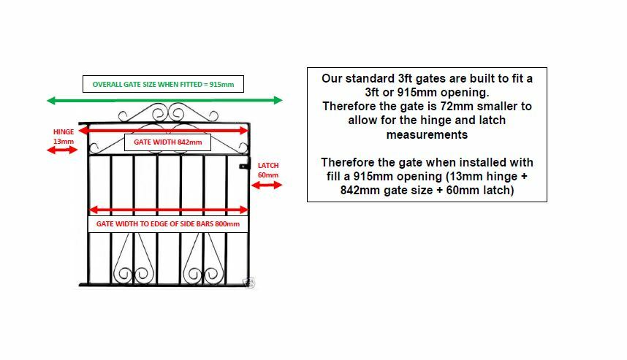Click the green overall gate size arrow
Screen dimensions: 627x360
(x=164, y=100)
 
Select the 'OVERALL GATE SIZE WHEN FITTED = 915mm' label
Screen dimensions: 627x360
(x=163, y=85)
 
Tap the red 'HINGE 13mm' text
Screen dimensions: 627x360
(x=64, y=136)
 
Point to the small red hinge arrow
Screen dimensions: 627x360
(x=62, y=150)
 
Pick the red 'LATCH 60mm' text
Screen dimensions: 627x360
(x=268, y=170)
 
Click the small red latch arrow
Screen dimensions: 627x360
(x=267, y=185)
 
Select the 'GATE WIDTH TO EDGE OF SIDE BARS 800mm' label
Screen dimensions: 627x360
(x=168, y=223)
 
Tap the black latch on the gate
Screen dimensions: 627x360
(x=245, y=166)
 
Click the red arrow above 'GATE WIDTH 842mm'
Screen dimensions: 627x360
(x=164, y=130)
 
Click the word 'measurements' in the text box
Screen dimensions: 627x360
(x=427, y=134)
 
